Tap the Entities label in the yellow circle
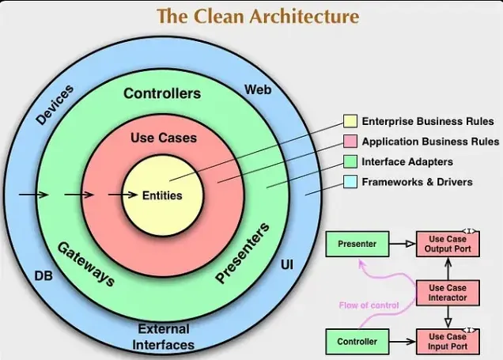162,195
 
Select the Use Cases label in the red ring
164,138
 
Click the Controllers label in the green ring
161,94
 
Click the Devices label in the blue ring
55,105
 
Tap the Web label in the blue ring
258,89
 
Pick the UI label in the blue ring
286,263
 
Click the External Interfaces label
164,336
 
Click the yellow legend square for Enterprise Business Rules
350,121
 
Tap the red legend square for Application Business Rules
350,142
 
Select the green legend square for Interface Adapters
350,161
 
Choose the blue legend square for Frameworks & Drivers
350,182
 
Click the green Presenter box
357,244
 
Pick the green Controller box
357,342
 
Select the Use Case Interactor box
448,293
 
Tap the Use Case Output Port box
448,244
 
